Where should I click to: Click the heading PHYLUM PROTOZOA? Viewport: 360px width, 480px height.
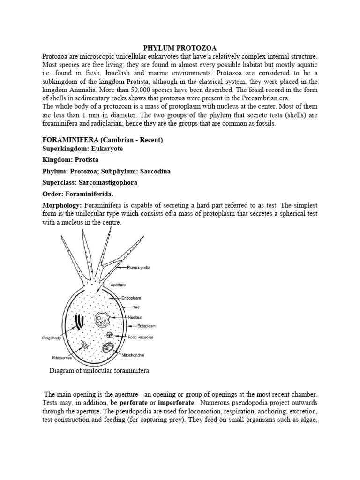click(180, 48)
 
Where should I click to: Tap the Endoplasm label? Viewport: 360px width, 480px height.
click(131, 298)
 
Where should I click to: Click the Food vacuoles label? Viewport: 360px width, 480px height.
click(140, 337)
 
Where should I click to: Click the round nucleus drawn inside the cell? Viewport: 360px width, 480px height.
click(102, 321)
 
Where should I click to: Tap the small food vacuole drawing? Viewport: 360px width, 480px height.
click(110, 335)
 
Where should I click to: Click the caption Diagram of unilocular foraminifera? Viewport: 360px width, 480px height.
click(99, 371)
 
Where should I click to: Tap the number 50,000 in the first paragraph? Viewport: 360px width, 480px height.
click(171, 90)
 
